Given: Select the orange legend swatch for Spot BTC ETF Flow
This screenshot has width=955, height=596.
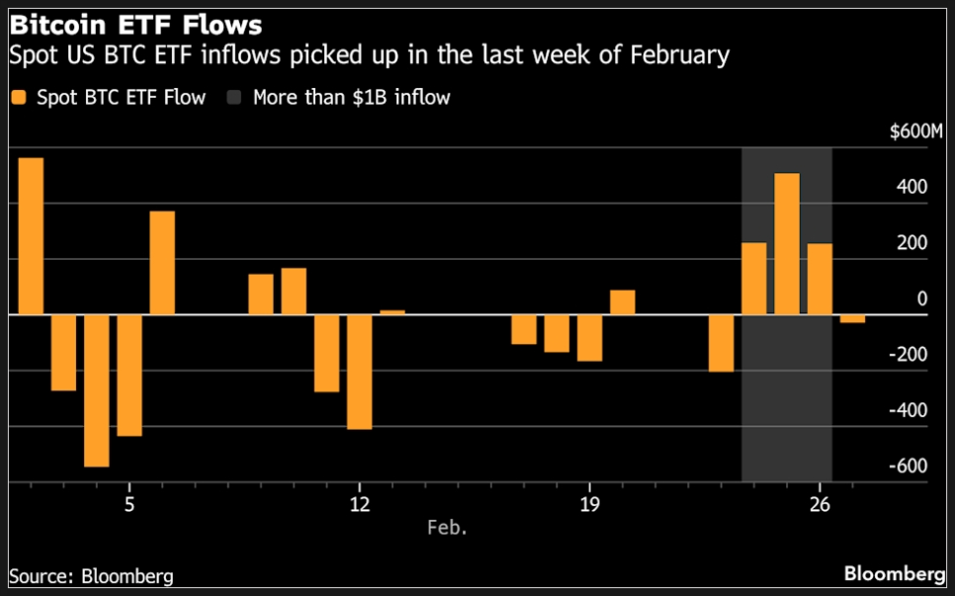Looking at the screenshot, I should (19, 97).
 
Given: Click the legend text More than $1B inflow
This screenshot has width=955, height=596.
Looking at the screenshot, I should (351, 97).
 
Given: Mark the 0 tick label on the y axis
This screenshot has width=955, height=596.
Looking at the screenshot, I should (921, 298).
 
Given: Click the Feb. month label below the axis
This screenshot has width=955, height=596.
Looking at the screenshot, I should (447, 527).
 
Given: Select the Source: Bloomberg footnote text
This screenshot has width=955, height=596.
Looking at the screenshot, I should (91, 575).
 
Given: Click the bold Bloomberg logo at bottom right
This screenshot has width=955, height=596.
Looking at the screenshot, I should (894, 574).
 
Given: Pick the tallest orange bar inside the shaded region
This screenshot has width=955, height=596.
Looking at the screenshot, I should (787, 244).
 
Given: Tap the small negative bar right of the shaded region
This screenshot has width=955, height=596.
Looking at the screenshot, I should (852, 318).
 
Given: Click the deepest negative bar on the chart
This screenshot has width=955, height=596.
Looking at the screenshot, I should (97, 390).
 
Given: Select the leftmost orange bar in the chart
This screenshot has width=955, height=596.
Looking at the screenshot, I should (31, 236).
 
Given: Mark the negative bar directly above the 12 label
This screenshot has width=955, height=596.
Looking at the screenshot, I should (359, 372).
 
